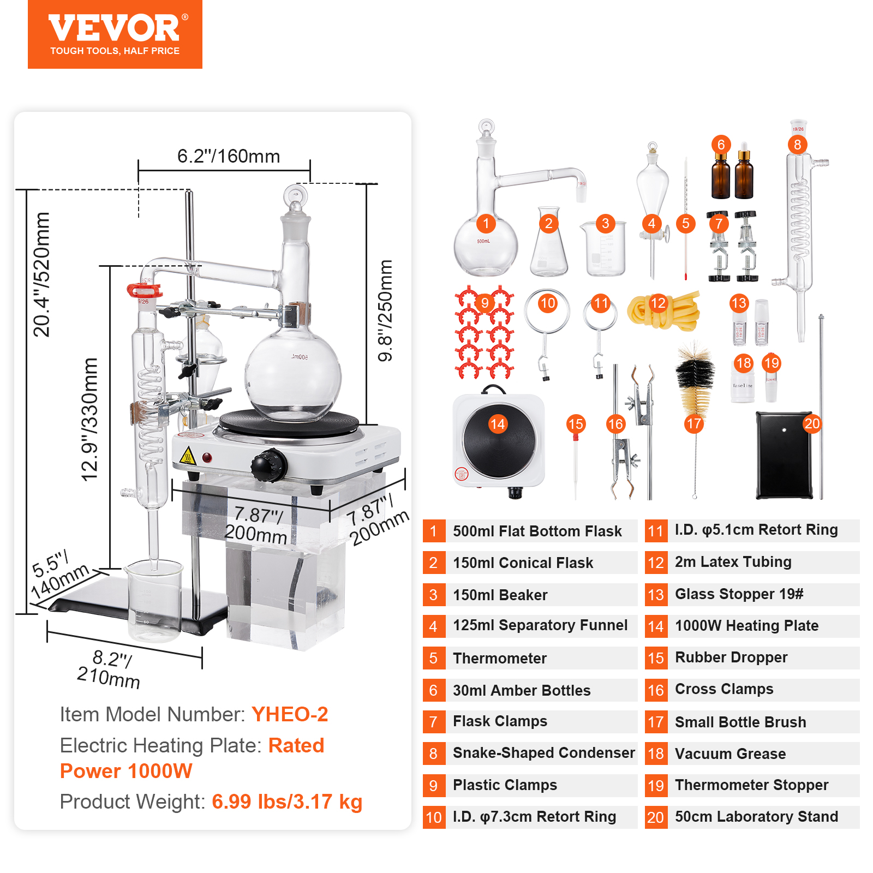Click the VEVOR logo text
click(x=114, y=28)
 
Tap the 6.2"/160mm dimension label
click(x=228, y=157)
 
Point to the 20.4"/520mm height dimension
click(x=41, y=274)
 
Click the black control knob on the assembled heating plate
click(x=268, y=465)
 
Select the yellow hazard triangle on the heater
click(x=188, y=456)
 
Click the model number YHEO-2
click(x=290, y=714)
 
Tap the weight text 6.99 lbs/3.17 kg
click(x=287, y=802)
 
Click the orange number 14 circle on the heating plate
click(x=498, y=424)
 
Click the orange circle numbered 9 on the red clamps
click(x=485, y=303)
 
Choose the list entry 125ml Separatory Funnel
click(x=540, y=625)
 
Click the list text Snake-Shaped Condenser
click(x=543, y=753)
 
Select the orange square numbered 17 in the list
click(x=655, y=722)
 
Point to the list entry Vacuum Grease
click(x=730, y=754)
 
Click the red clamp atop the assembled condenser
click(x=145, y=290)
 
